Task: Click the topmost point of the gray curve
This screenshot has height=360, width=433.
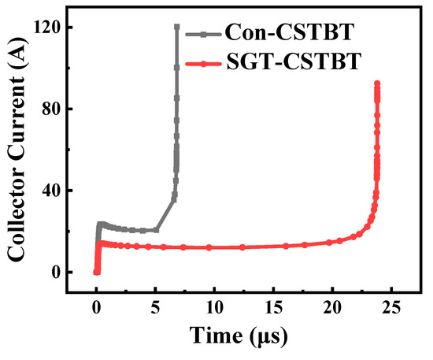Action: coord(177,27)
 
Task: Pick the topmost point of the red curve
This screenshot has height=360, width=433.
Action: coord(377,84)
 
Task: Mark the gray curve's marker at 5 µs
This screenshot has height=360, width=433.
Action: coord(156,230)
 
